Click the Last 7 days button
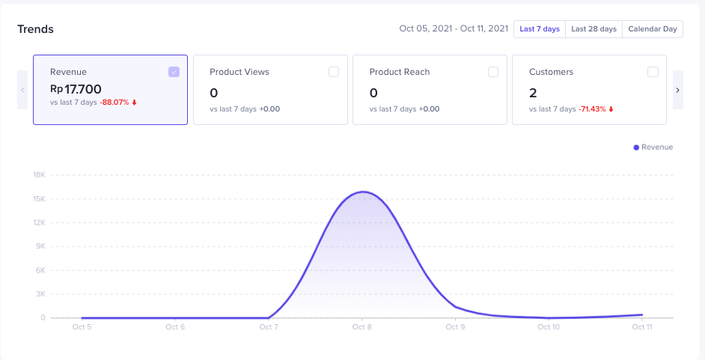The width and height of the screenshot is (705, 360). coord(539,29)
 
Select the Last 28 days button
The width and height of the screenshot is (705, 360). coord(593,29)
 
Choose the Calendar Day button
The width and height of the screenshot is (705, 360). coord(652,29)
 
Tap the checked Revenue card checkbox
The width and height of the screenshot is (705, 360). coord(174,72)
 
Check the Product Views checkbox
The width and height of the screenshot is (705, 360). coord(333,72)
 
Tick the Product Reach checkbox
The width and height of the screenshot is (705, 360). coord(492,72)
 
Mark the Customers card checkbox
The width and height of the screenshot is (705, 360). coord(653,72)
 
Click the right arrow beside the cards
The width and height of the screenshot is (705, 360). coord(677,90)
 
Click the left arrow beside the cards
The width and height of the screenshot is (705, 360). coord(22,90)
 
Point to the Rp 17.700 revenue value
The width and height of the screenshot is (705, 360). coord(76,90)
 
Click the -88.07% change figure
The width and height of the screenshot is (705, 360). coord(115,102)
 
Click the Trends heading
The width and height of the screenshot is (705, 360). coord(36,29)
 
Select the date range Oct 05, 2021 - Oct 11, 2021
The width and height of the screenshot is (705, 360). coord(453,29)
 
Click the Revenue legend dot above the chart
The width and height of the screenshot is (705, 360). coord(636,147)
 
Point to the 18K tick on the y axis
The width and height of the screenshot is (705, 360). coord(39,175)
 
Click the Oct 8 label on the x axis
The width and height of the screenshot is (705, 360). coord(361,327)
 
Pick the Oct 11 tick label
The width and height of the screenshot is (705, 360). coord(641,327)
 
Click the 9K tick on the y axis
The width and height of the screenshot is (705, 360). coord(40,246)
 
